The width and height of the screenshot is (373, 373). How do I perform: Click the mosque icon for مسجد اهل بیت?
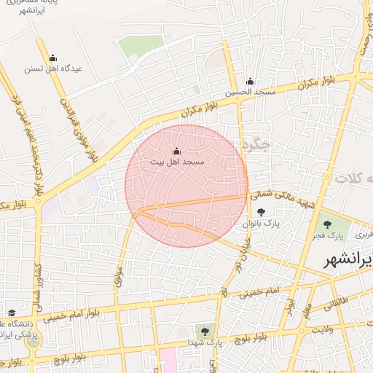pyautogui.click(x=176, y=151)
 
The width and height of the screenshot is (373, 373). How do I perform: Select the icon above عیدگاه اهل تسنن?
pyautogui.click(x=52, y=58)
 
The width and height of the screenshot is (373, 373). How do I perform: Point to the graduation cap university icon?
pyautogui.click(x=11, y=312)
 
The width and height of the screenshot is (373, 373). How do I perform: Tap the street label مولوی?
pyautogui.click(x=117, y=275)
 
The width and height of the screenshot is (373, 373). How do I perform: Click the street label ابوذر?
pyautogui.click(x=290, y=306)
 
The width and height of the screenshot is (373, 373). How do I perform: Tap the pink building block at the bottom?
pyautogui.click(x=168, y=360)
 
